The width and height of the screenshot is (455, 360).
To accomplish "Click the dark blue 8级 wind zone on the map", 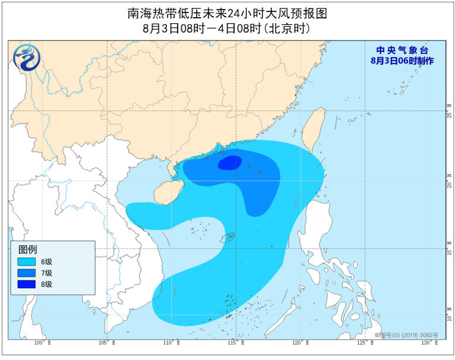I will tap(230, 162).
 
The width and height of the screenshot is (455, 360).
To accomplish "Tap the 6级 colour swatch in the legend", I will tap(26, 261).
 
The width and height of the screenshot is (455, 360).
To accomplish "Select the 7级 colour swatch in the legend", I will tap(26, 273).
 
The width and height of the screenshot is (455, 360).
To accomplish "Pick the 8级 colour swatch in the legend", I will tap(26, 284).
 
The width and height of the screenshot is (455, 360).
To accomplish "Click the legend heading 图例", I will tap(28, 249).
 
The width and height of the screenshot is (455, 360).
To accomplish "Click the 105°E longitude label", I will tap(107, 343).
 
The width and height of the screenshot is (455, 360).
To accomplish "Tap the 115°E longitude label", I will tap(236, 343).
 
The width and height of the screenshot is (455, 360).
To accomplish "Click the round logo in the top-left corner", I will tap(25, 58).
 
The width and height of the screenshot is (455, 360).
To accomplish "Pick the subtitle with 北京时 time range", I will tap(227, 28).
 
